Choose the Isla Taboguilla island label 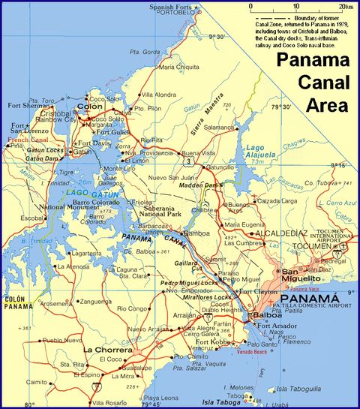pyautogui.click(x=299, y=389)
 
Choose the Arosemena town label pyautogui.click(x=56, y=304)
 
